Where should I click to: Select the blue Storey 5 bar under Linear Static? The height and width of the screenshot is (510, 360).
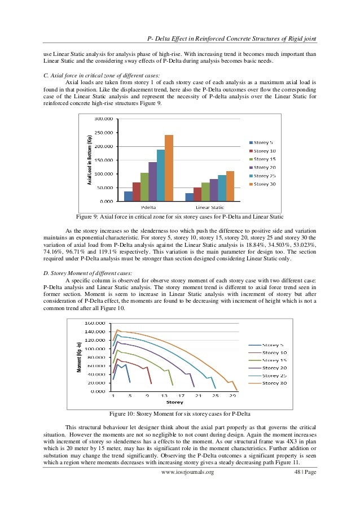[x=190, y=197]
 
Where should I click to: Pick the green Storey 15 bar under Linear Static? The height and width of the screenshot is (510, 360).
[x=205, y=191]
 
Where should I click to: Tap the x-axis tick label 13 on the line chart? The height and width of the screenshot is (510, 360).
[x=164, y=396]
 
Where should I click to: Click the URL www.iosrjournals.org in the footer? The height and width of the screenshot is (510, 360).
[x=187, y=487]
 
